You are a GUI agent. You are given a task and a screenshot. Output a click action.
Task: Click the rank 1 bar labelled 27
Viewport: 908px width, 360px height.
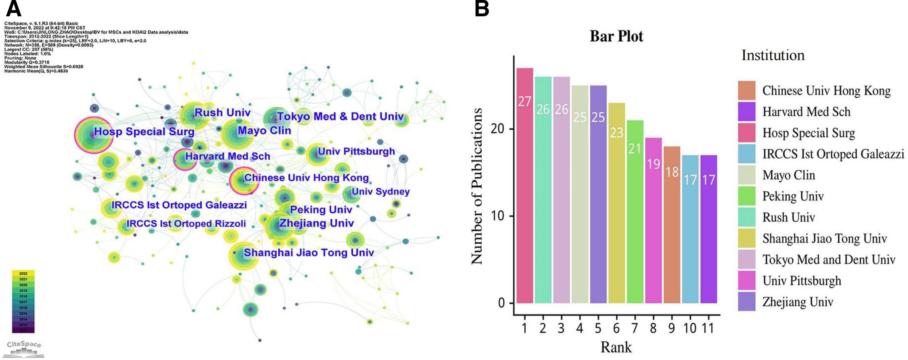click(x=525, y=185)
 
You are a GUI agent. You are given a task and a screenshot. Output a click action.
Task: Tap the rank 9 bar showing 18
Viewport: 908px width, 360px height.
click(x=672, y=225)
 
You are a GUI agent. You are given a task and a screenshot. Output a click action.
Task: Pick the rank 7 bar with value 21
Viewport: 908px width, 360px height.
click(x=635, y=211)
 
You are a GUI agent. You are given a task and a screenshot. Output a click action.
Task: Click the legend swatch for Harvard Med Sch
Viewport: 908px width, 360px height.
click(x=746, y=112)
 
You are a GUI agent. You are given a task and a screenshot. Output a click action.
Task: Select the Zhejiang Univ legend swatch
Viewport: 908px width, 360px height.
click(x=746, y=302)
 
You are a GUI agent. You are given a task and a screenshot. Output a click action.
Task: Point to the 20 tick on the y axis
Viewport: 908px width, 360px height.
click(x=497, y=129)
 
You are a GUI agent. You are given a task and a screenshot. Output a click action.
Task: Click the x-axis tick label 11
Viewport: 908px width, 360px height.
click(x=708, y=328)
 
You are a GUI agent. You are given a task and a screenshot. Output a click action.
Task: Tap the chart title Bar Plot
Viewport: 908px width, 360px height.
click(x=616, y=36)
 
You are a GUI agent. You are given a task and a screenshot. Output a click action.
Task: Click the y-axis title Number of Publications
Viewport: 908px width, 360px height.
click(x=476, y=186)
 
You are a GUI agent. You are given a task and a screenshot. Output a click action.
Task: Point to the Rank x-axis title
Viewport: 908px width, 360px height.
click(x=616, y=347)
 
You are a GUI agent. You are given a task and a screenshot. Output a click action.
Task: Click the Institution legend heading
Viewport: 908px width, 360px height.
click(x=773, y=55)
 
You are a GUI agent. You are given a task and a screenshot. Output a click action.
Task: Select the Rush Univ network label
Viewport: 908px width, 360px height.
click(x=222, y=112)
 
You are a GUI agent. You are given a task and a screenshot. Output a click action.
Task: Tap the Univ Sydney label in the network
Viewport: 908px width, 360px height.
click(x=381, y=192)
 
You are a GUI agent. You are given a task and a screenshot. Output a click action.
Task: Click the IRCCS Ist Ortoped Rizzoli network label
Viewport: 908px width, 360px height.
click(x=186, y=223)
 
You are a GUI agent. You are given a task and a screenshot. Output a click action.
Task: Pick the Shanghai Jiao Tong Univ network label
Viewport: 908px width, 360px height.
click(x=308, y=253)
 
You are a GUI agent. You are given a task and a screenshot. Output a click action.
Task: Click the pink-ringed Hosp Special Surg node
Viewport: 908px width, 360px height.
click(x=93, y=135)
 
